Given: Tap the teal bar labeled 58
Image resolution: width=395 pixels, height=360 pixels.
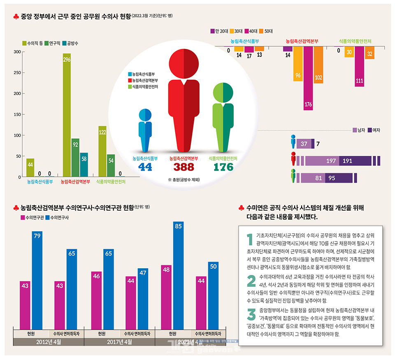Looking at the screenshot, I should (84, 165).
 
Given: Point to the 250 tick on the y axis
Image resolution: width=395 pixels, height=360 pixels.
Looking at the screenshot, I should (17, 73).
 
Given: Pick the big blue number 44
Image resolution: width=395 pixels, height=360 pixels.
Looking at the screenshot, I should (145, 167).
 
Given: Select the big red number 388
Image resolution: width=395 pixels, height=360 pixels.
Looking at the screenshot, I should (184, 167).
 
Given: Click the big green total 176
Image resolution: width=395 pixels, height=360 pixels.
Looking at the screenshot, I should (223, 167).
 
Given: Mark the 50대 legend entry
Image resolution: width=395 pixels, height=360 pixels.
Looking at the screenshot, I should (266, 31).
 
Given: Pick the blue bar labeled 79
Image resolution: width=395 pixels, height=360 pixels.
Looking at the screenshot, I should (37, 280).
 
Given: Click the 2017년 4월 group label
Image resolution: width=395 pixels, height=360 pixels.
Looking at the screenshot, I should (119, 342).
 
